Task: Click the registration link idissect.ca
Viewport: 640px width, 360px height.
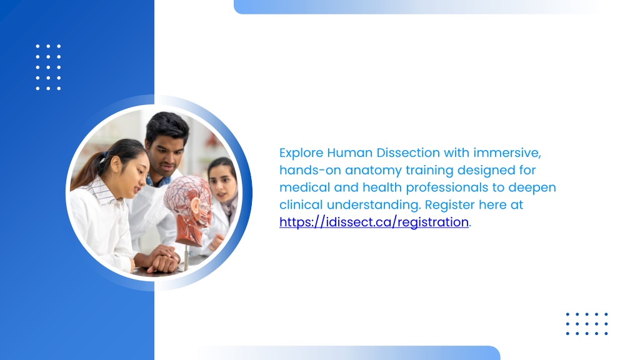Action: (374, 222)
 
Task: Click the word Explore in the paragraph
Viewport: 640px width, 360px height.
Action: (301, 153)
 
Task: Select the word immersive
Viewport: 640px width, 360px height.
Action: (507, 153)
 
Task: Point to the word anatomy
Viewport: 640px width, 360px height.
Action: (373, 171)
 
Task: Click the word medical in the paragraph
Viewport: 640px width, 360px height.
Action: (304, 187)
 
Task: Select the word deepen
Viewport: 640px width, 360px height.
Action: (532, 187)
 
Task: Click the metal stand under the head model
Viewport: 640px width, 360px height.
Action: (186, 257)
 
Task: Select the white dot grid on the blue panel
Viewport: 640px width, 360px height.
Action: (48, 67)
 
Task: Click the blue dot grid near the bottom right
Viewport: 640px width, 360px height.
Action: (587, 324)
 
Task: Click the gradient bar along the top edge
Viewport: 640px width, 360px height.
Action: (416, 7)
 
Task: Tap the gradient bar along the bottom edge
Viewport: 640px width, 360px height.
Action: (347, 353)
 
